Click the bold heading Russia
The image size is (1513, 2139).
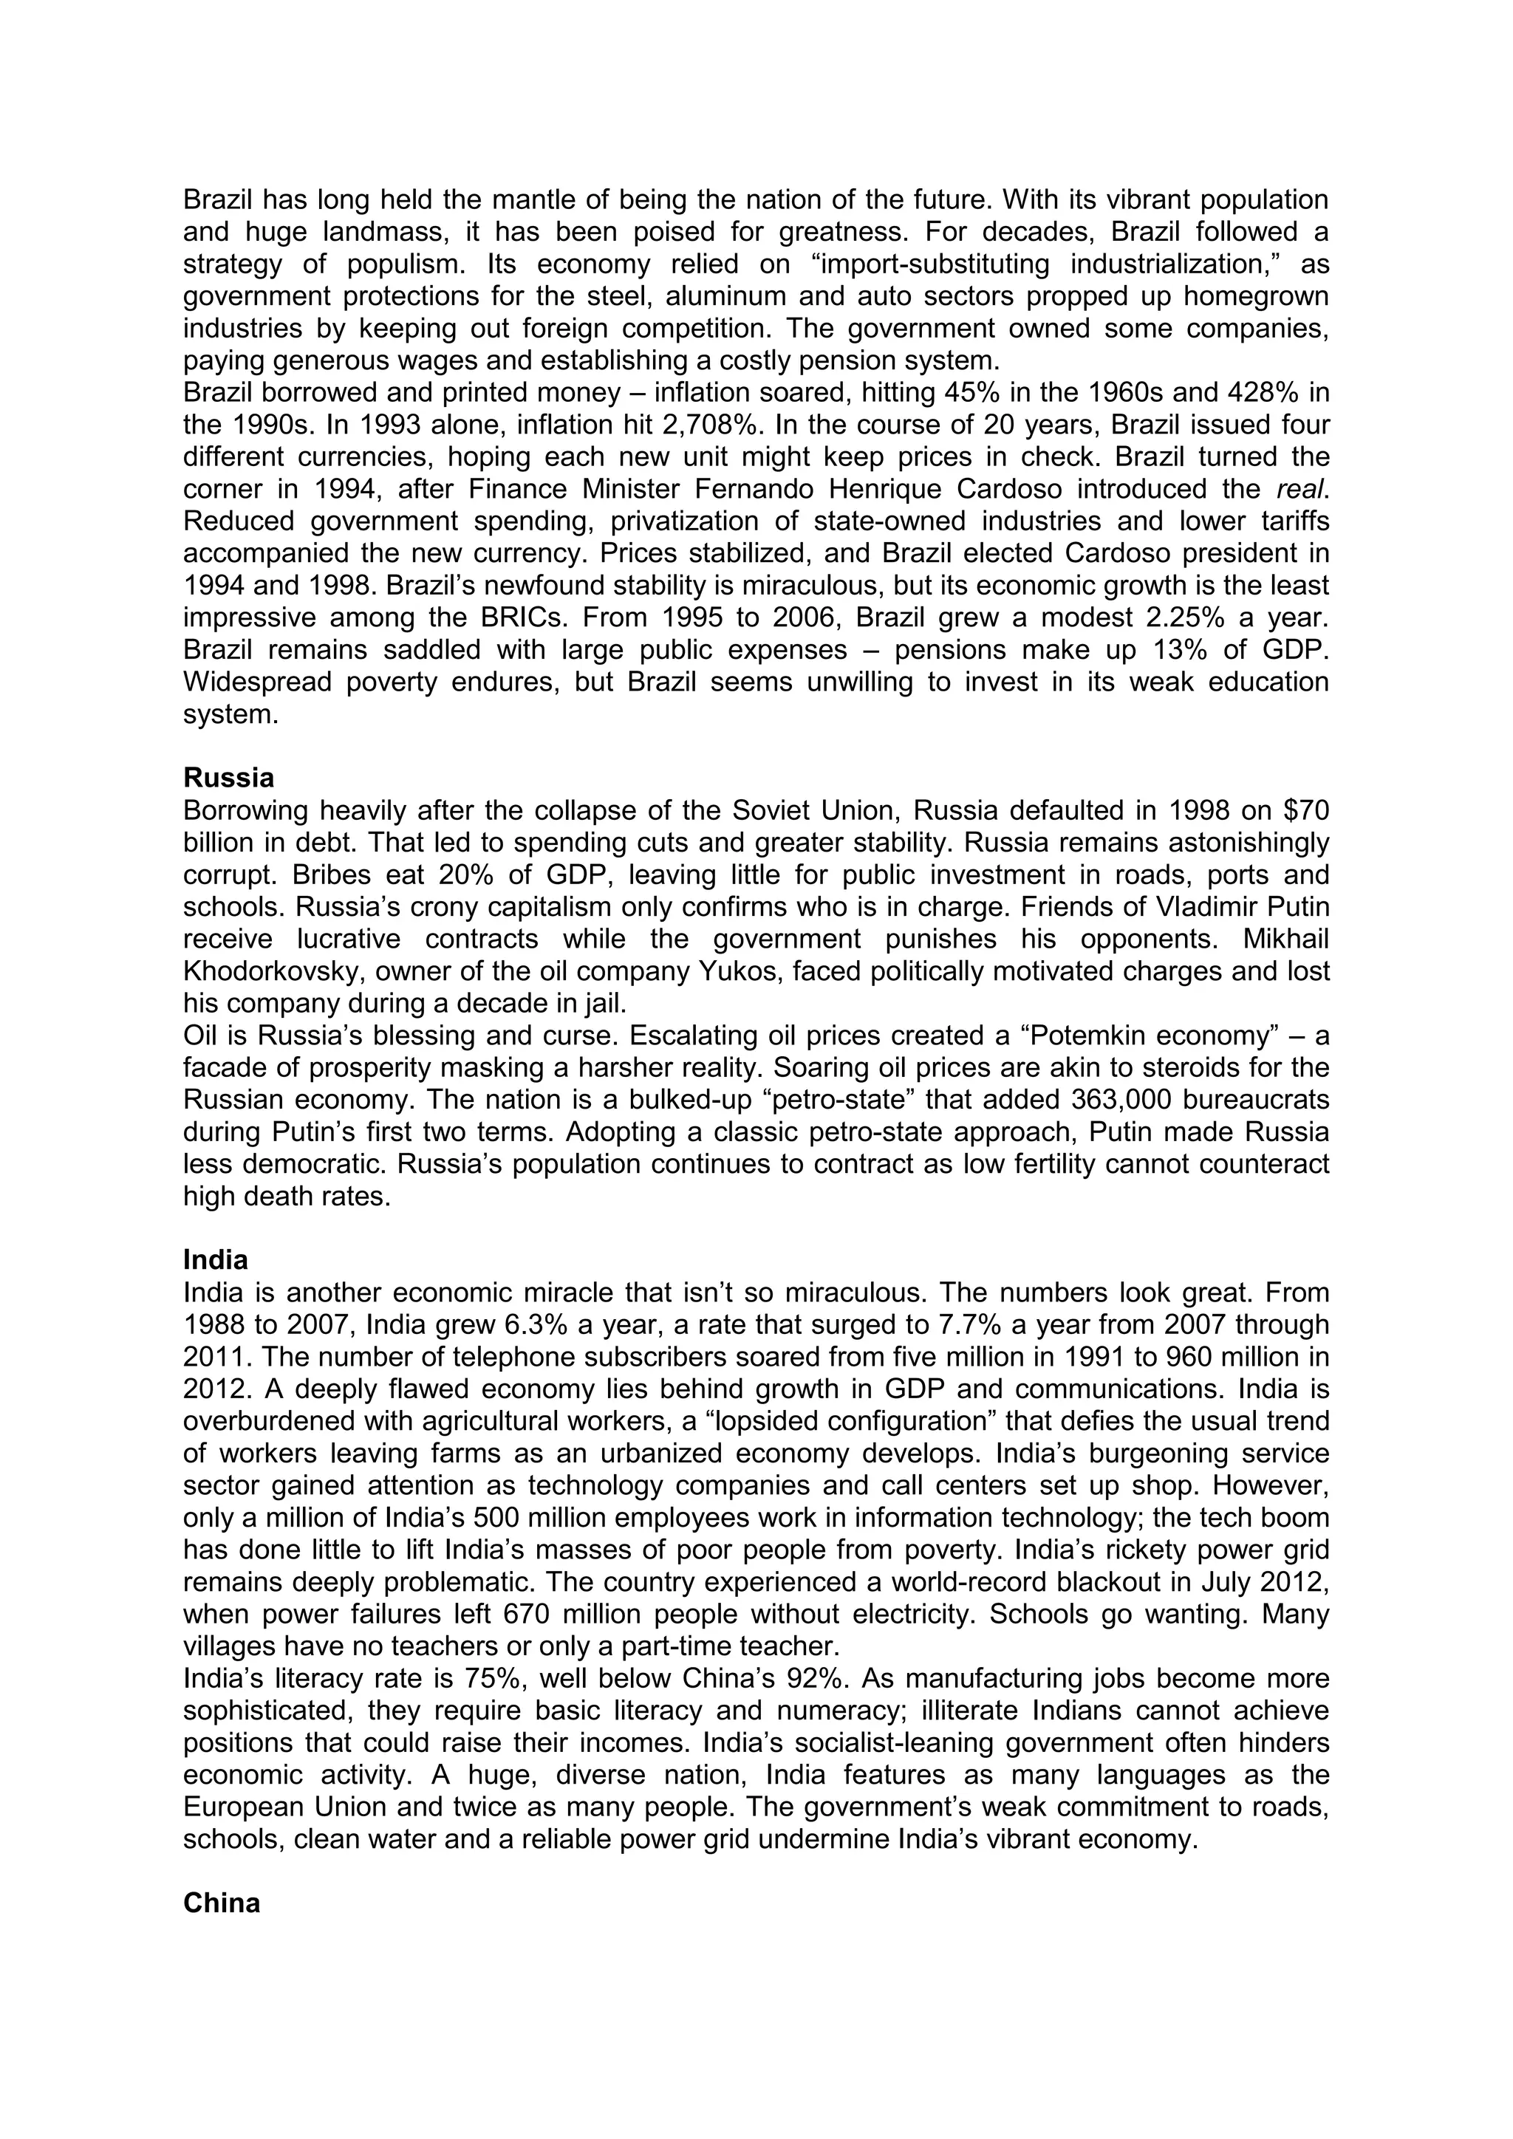(x=228, y=777)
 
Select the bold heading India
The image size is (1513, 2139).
(x=215, y=1261)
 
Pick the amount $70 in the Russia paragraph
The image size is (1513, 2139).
(x=1305, y=810)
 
